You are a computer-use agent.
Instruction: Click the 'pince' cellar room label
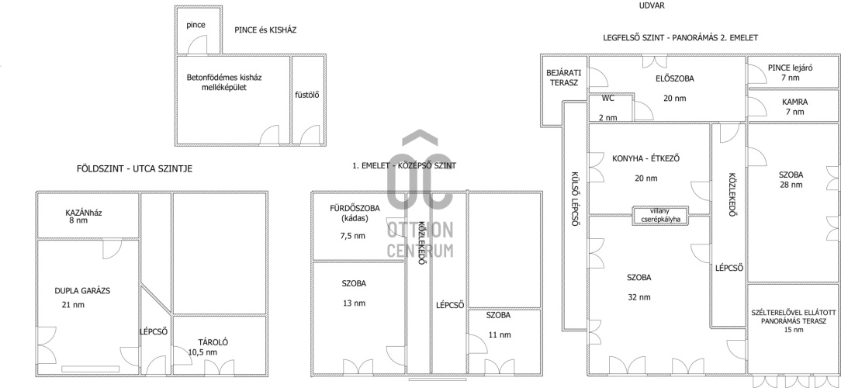tap(196, 26)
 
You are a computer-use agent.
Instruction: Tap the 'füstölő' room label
tap(307, 95)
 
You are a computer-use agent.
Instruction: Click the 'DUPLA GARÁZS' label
tap(82, 291)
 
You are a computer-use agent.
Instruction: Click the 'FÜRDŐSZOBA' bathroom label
tap(355, 209)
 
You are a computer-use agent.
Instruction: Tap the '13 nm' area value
tap(354, 303)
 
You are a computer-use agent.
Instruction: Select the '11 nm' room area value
tap(500, 335)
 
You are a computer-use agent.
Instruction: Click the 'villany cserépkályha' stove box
tap(660, 215)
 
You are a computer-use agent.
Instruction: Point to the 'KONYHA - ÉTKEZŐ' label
tap(646, 159)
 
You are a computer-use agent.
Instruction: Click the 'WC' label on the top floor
tap(607, 99)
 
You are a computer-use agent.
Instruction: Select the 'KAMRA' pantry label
tap(795, 102)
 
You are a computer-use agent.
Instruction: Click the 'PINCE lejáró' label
tap(791, 68)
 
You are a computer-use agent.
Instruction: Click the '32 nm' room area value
tap(639, 297)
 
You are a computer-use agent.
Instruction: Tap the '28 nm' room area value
tap(791, 185)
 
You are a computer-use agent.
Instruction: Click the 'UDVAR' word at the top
tap(652, 6)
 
